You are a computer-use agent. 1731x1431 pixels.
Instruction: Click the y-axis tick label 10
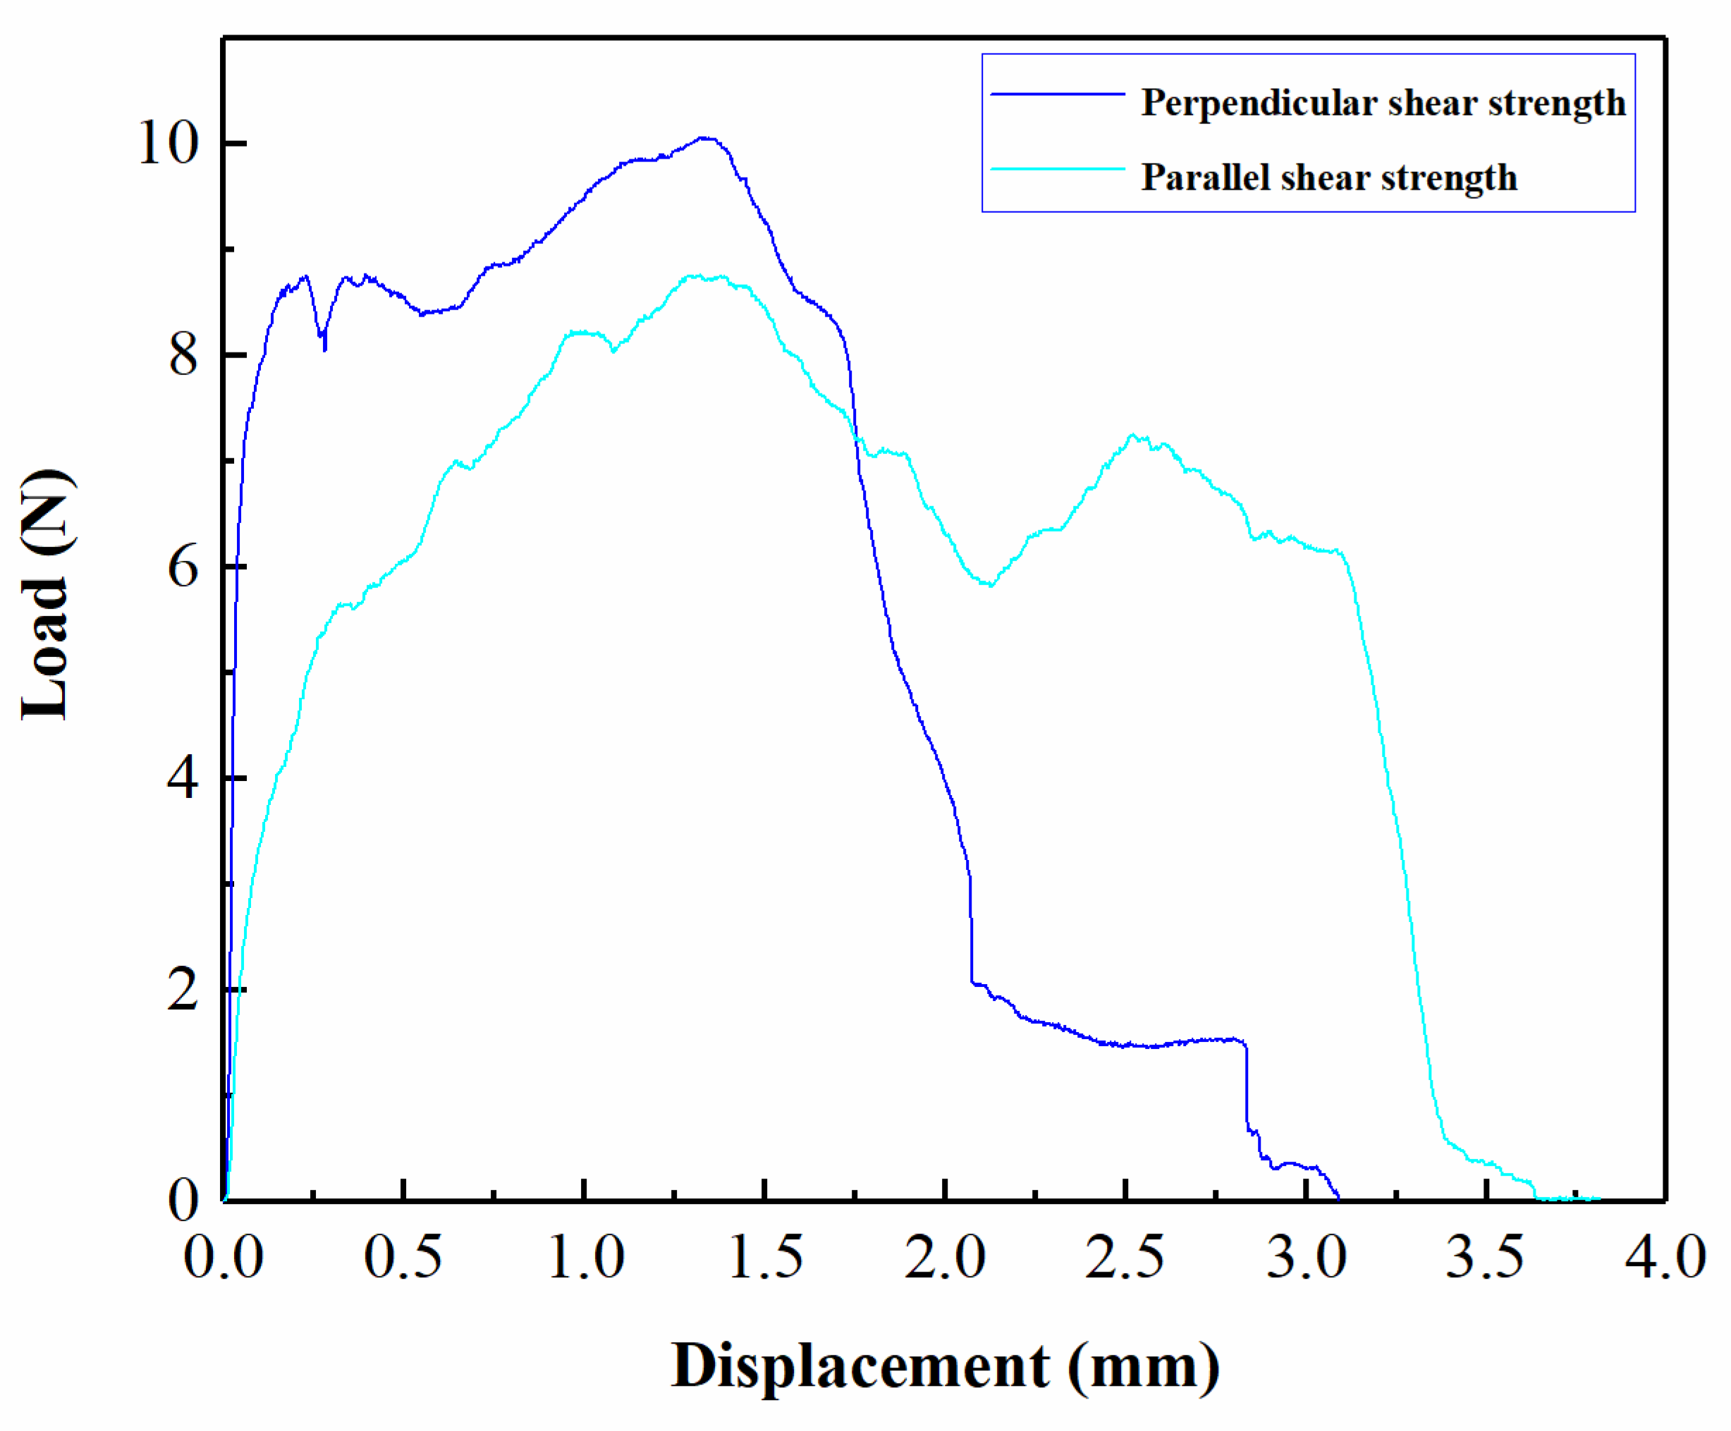click(169, 143)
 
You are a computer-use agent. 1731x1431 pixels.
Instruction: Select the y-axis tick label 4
click(183, 778)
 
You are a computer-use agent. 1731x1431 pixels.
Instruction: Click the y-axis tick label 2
click(183, 990)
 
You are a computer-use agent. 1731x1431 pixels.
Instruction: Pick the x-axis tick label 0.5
click(403, 1258)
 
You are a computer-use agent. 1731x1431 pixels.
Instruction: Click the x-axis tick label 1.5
click(765, 1258)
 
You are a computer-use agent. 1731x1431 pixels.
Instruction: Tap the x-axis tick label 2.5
click(1125, 1258)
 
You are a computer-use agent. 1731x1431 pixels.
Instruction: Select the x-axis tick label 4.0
click(1665, 1258)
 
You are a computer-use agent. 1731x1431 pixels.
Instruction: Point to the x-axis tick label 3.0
click(1307, 1258)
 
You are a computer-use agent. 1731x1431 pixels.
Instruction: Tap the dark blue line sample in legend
click(1058, 94)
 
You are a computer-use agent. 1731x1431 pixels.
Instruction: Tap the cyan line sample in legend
click(1058, 169)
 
